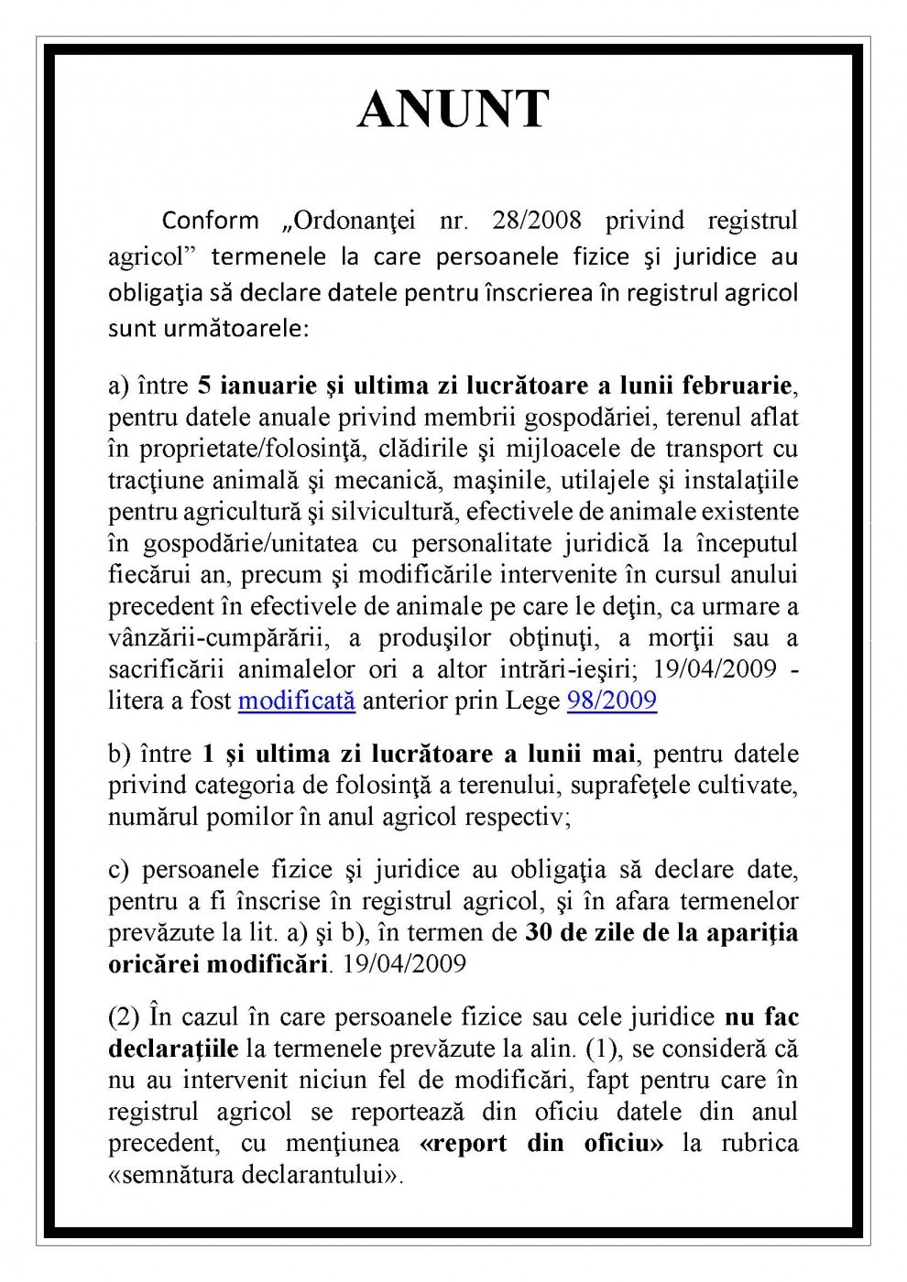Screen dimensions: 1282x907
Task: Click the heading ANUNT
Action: (453, 111)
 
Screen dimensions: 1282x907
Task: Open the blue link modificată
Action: (296, 701)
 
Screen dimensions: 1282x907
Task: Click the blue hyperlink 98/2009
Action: (611, 701)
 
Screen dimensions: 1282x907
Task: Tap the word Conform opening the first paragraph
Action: (211, 221)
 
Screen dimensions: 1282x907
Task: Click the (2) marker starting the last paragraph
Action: (125, 1017)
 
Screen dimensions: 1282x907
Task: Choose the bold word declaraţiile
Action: (173, 1048)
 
